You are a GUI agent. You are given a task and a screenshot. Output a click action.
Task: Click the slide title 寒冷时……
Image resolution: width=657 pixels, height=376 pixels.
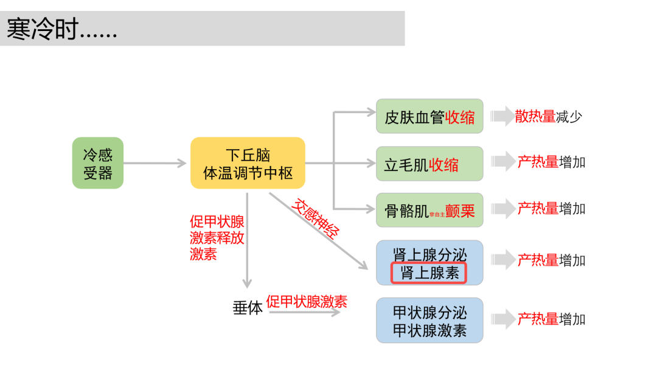61,29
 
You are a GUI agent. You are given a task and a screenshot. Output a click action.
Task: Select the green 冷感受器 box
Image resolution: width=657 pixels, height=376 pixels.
97,163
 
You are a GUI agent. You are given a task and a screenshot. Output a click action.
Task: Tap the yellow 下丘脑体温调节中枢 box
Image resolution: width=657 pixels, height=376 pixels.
248,163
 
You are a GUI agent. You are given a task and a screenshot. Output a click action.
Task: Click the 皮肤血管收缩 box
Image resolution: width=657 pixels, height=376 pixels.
429,117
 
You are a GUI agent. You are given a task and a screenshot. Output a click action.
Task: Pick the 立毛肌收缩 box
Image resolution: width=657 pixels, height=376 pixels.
429,164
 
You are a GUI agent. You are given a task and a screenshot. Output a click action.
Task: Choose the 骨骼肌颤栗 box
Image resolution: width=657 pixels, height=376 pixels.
429,211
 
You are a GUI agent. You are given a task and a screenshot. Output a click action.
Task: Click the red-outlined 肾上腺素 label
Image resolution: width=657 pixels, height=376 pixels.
429,273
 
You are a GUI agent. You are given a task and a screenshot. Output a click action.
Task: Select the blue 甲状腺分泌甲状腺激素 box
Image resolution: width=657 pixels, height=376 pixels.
429,321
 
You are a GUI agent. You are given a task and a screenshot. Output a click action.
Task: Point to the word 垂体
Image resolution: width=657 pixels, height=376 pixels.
247,308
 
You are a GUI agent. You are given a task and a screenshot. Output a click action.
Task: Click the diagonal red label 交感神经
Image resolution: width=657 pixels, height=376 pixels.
316,218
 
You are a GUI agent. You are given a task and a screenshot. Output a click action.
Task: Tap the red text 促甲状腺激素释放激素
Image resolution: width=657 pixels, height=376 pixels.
217,238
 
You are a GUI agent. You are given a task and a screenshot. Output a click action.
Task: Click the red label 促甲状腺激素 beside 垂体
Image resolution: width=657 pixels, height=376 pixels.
307,301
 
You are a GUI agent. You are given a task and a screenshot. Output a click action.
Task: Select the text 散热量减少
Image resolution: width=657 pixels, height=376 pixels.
547,116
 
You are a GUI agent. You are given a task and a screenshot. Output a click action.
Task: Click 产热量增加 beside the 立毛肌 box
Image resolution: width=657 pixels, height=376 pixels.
551,162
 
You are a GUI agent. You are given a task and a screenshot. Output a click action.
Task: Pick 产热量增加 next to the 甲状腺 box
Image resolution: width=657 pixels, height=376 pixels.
551,319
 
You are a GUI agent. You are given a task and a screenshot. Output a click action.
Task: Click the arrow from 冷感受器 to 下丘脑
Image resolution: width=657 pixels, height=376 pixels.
155,163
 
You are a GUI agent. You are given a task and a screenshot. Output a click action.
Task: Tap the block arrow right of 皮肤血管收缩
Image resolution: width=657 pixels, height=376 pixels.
502,116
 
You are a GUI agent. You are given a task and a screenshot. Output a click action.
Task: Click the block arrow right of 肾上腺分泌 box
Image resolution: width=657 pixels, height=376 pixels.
502,260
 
